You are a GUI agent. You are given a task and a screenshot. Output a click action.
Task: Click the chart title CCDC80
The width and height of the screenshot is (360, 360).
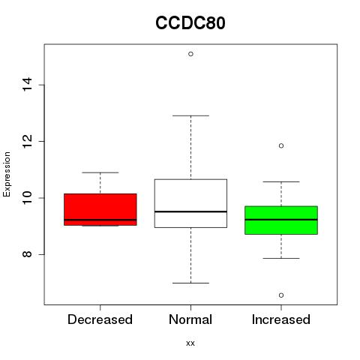[190, 22]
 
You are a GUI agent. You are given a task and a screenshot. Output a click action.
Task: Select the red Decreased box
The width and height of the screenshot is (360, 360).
[100, 209]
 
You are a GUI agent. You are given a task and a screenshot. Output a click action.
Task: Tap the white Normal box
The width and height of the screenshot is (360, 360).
[190, 203]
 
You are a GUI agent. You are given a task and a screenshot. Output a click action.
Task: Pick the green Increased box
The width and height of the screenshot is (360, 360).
[281, 220]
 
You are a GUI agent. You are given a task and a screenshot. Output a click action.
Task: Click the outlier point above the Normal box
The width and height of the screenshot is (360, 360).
[190, 54]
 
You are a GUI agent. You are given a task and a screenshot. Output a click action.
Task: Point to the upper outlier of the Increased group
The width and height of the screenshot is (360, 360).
[281, 145]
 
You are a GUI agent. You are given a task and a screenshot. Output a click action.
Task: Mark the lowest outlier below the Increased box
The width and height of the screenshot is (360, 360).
[281, 295]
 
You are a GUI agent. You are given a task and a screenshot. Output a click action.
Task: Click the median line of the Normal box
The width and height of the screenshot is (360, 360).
[190, 211]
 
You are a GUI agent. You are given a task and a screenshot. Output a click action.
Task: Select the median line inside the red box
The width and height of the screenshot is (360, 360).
[100, 220]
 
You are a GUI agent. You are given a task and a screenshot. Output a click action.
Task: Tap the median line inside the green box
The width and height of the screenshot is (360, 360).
[281, 220]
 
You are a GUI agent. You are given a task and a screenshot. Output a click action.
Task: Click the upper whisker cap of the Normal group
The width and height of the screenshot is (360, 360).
[190, 115]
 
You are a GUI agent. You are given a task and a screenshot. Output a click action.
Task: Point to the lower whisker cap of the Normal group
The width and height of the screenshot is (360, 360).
[190, 283]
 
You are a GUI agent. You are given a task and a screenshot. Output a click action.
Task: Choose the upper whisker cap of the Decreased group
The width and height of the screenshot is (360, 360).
[100, 172]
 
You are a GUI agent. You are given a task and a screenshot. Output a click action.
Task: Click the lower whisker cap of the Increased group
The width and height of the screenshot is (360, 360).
[281, 258]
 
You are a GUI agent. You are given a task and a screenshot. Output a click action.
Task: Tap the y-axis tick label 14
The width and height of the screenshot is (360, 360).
[27, 85]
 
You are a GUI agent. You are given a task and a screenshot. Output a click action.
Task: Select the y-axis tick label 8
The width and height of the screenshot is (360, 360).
[27, 254]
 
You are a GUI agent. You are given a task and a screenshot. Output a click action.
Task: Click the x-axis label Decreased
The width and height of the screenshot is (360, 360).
[100, 319]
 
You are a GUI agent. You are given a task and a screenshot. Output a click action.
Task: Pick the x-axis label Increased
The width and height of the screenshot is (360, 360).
[281, 319]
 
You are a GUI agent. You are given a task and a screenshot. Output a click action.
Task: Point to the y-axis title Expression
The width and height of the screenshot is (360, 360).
[7, 175]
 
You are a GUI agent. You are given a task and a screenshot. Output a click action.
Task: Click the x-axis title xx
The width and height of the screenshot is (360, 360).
[190, 343]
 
